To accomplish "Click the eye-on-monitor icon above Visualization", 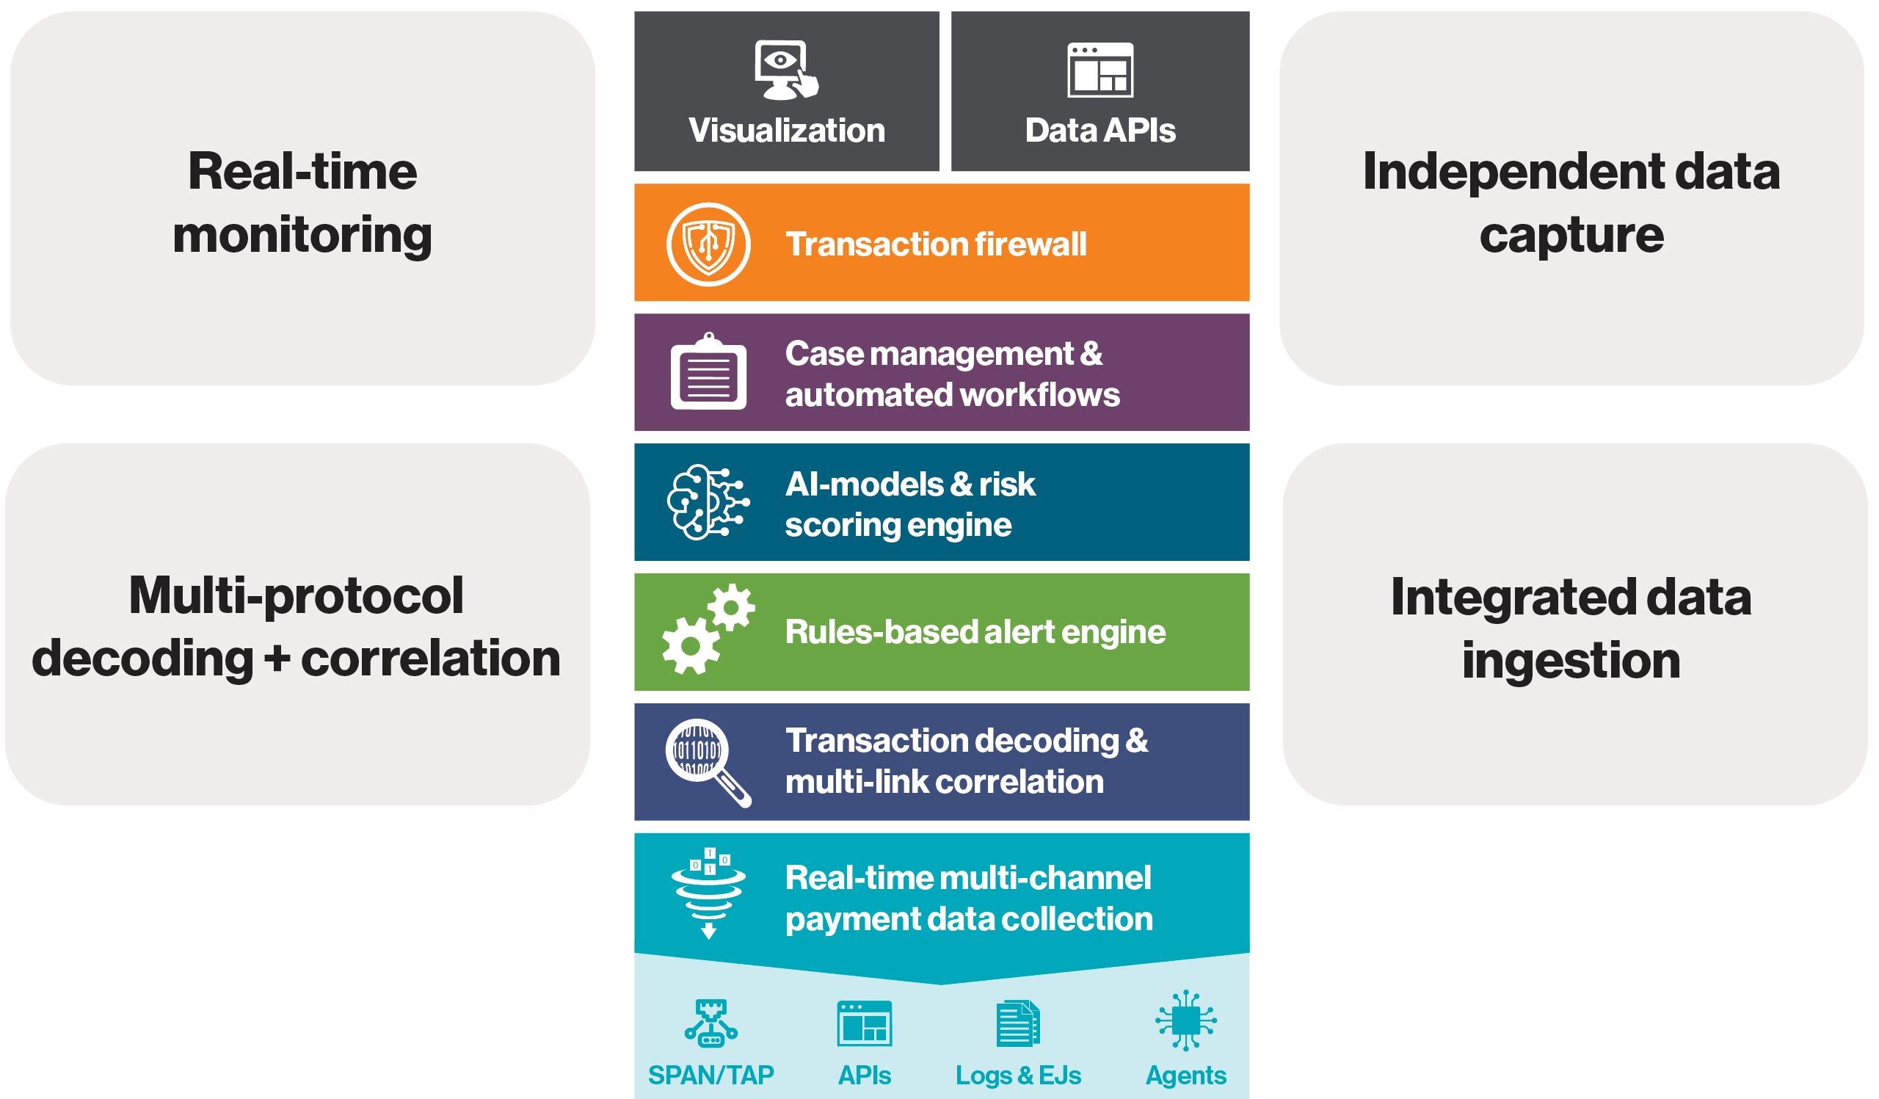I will pyautogui.click(x=785, y=69).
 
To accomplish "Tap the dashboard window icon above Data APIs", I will pyautogui.click(x=1100, y=70).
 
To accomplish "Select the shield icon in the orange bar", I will pyautogui.click(x=708, y=244).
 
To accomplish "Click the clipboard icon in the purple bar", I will pyautogui.click(x=708, y=372).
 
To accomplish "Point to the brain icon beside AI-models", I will pyautogui.click(x=707, y=502).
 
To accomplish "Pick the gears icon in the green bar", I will pyautogui.click(x=708, y=630).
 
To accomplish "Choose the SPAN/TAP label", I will pyautogui.click(x=710, y=1076).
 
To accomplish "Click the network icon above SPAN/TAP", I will pyautogui.click(x=710, y=1023).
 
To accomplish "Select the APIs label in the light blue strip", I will pyautogui.click(x=864, y=1076).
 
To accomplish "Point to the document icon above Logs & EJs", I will pyautogui.click(x=1018, y=1023).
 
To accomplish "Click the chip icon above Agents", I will pyautogui.click(x=1185, y=1020).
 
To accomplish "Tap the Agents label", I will pyautogui.click(x=1185, y=1076).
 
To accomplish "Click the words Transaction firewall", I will pyautogui.click(x=936, y=244).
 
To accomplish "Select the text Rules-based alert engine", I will pyautogui.click(x=975, y=631).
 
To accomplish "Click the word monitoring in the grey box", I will pyautogui.click(x=302, y=235).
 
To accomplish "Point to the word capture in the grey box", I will pyautogui.click(x=1571, y=235).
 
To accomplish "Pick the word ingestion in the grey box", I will pyautogui.click(x=1571, y=660).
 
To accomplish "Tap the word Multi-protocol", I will pyautogui.click(x=296, y=595).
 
